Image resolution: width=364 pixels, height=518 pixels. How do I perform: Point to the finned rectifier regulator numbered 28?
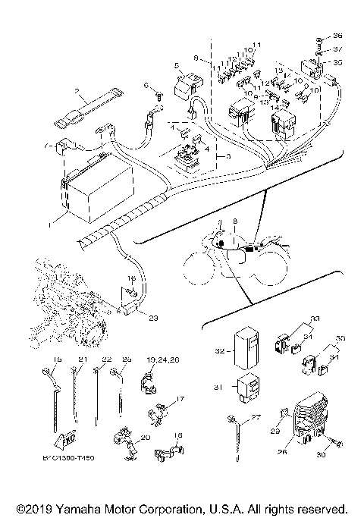point(310,417)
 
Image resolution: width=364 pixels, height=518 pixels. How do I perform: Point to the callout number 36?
point(338,36)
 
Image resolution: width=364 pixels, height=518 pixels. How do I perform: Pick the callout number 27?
point(256,416)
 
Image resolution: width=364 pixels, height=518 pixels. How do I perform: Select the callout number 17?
point(180,397)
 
